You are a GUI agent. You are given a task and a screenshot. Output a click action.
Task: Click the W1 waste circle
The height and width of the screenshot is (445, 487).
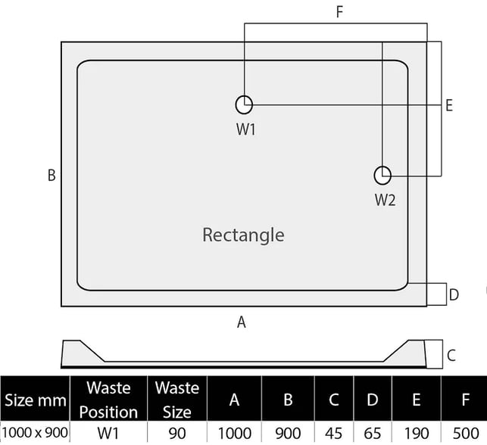[236, 105]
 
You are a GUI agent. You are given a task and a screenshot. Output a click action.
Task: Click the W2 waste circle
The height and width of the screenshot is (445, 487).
[375, 176]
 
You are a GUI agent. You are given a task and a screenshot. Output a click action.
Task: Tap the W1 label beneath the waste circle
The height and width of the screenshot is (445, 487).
[245, 129]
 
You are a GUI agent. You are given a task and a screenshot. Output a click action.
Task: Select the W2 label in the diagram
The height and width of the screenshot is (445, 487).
[385, 200]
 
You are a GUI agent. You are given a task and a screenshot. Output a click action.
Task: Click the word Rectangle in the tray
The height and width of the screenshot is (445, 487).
[243, 235]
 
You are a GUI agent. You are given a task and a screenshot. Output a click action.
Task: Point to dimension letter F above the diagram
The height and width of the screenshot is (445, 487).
[339, 12]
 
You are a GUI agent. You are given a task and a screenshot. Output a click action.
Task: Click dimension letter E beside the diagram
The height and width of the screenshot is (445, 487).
[449, 105]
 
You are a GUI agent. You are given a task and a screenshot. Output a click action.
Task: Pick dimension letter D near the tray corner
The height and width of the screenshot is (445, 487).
[454, 294]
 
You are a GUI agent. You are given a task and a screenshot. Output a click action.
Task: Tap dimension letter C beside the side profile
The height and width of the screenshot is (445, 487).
[451, 355]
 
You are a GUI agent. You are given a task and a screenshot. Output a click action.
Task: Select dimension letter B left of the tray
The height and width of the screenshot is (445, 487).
[52, 175]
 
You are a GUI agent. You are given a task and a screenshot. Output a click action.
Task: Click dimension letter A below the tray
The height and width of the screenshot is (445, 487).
[242, 322]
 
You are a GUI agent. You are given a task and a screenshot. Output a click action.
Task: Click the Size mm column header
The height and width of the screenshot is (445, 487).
[36, 400]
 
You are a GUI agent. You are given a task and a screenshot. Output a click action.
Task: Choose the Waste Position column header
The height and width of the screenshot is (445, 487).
[108, 400]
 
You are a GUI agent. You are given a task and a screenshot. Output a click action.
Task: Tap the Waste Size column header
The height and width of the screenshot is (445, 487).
[177, 400]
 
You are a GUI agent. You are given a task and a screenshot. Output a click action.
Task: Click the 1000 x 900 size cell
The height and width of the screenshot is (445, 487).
[35, 433]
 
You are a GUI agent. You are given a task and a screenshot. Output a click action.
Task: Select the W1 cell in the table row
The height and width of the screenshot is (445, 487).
[108, 434]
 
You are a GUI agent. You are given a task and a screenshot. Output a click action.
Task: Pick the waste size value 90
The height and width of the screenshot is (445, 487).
[177, 434]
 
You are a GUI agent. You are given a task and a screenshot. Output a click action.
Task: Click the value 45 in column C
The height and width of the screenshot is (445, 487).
[333, 434]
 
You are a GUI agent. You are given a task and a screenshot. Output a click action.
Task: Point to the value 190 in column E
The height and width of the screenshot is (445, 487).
[417, 434]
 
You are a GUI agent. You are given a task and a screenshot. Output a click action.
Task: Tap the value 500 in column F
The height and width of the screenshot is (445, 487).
[465, 434]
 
